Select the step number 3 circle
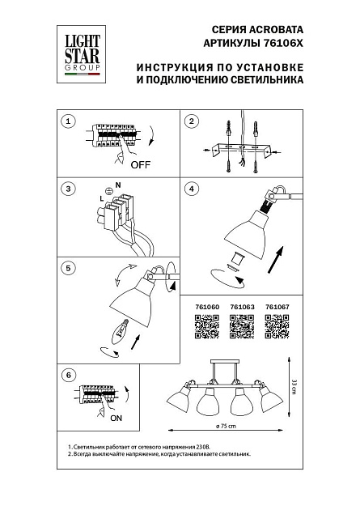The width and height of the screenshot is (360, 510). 69,189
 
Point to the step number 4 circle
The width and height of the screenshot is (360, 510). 192,189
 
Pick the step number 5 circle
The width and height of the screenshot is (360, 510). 69,266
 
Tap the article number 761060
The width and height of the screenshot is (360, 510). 208,308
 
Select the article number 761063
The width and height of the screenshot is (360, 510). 243,308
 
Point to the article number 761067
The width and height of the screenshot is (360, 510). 277,308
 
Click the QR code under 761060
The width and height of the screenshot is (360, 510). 208,326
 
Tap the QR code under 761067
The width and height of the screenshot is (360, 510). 277,326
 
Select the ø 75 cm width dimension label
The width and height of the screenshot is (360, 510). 226,426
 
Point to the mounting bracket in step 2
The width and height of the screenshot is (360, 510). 243,149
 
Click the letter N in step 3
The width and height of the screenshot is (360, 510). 118,186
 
